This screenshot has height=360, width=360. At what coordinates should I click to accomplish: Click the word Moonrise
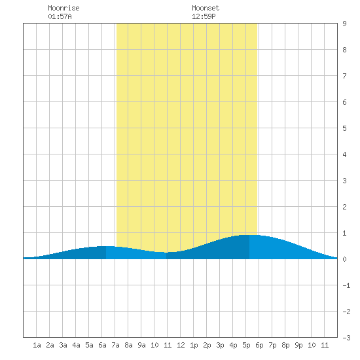click(63, 8)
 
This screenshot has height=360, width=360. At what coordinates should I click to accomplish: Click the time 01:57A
click(60, 16)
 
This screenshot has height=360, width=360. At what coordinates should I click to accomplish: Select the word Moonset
click(206, 8)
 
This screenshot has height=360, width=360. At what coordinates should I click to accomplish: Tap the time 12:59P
click(204, 16)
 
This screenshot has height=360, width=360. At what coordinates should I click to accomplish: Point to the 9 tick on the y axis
click(344, 24)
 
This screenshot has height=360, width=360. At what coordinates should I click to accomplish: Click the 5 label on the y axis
click(344, 128)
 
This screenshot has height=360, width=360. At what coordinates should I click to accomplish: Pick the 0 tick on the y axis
click(344, 259)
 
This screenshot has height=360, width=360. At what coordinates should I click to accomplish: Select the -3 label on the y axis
click(346, 338)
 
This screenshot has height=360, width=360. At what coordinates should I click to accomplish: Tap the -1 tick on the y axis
click(346, 285)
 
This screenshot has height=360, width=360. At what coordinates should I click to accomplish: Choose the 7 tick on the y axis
click(344, 76)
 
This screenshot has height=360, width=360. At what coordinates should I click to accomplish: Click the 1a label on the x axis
click(37, 345)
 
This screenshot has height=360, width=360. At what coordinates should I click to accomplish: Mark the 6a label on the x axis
click(102, 345)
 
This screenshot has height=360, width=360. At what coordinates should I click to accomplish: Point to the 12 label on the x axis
click(181, 345)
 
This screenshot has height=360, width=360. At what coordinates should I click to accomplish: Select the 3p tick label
click(220, 345)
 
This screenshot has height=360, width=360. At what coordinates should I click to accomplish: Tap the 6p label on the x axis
click(259, 345)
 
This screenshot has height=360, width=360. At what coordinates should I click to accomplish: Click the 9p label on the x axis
click(298, 345)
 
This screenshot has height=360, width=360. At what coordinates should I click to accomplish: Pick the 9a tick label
click(141, 345)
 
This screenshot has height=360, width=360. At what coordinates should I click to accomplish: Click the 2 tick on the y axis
click(344, 207)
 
